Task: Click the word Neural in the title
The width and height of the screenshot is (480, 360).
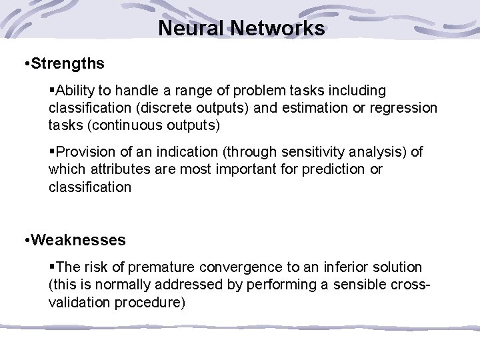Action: pyautogui.click(x=191, y=29)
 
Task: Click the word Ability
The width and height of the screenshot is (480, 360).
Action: pyautogui.click(x=78, y=90)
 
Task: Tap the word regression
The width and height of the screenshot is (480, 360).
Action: pyautogui.click(x=405, y=107)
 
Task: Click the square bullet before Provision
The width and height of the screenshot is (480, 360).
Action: pyautogui.click(x=52, y=153)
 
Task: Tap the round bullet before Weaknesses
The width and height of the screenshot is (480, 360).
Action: pyautogui.click(x=25, y=239)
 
